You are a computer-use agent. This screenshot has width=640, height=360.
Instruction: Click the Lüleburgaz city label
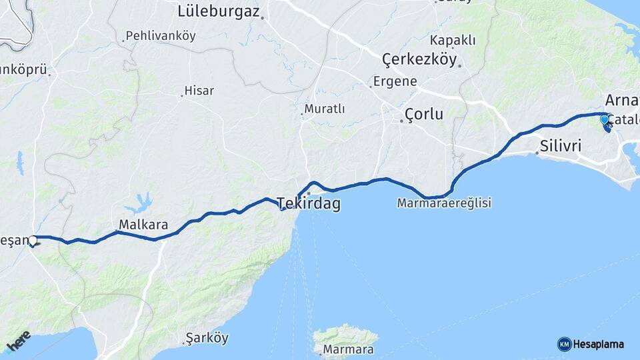click(x=218, y=11)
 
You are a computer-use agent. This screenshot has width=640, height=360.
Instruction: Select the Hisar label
click(x=199, y=91)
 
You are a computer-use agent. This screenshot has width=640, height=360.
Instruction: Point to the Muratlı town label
click(x=325, y=109)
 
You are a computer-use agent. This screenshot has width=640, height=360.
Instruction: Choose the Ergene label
click(x=395, y=81)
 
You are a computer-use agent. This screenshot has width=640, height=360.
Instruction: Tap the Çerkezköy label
click(x=419, y=60)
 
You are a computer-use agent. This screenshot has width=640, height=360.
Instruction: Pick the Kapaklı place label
click(x=453, y=40)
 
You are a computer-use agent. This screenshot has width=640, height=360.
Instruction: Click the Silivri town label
click(x=561, y=145)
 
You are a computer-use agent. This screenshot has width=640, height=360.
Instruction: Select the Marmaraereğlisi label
click(x=444, y=203)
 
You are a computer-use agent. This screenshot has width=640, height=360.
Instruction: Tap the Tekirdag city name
click(x=308, y=203)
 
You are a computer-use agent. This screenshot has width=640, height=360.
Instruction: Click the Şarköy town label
click(x=207, y=338)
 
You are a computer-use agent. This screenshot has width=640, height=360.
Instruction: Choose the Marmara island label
click(x=348, y=349)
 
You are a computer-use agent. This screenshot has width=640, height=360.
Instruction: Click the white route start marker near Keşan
click(x=32, y=240)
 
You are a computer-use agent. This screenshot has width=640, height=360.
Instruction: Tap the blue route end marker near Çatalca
click(x=605, y=120)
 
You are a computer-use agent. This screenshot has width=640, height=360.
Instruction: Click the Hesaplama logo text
click(x=599, y=344)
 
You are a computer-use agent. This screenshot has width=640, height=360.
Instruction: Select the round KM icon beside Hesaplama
click(x=564, y=344)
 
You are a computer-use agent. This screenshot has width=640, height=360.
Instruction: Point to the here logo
click(x=18, y=340)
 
